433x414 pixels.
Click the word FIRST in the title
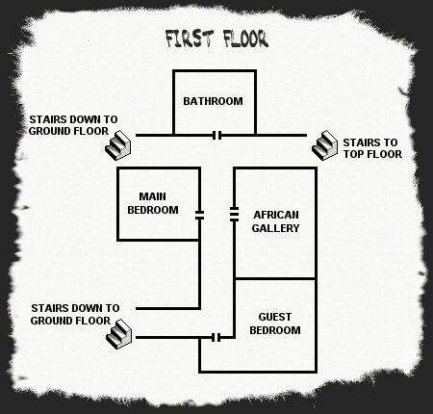pyautogui.click(x=190, y=39)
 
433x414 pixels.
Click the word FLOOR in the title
pyautogui.click(x=245, y=39)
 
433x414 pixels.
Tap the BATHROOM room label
pyautogui.click(x=213, y=101)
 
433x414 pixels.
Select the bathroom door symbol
pyautogui.click(x=217, y=136)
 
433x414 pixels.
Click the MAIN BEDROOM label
pyautogui.click(x=153, y=203)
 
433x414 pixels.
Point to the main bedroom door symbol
pyautogui.click(x=199, y=215)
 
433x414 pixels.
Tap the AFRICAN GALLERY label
pyautogui.click(x=275, y=221)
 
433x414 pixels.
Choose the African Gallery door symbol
pyautogui.click(x=234, y=215)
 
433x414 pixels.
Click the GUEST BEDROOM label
pyautogui.click(x=275, y=323)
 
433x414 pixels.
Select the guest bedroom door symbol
pyautogui.click(x=216, y=338)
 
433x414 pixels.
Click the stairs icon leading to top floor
pyautogui.click(x=324, y=145)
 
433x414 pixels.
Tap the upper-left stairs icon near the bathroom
pyautogui.click(x=118, y=145)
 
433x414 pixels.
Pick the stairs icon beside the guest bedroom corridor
pyautogui.click(x=118, y=334)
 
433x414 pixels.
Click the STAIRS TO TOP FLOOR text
pyautogui.click(x=372, y=148)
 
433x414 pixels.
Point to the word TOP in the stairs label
pyautogui.click(x=353, y=154)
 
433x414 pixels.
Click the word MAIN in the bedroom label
pyautogui.click(x=152, y=196)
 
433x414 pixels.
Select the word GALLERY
pyautogui.click(x=275, y=228)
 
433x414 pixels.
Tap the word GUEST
pyautogui.click(x=275, y=317)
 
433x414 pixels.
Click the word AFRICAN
pyautogui.click(x=276, y=215)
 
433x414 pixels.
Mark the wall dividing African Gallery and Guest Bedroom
pyautogui.click(x=275, y=278)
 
